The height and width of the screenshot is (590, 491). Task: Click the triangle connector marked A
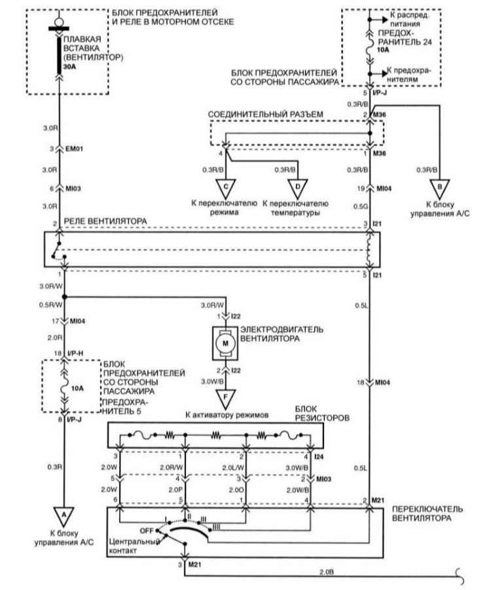[x=64, y=517]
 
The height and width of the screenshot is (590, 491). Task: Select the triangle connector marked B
[x=439, y=189]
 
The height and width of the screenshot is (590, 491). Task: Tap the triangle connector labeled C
[x=226, y=189]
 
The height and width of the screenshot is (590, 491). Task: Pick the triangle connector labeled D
[x=297, y=189]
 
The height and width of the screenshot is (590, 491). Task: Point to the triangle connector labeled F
[x=225, y=399]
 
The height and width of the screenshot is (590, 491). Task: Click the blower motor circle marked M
[x=225, y=343]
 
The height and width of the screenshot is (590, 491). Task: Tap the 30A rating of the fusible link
[x=69, y=67]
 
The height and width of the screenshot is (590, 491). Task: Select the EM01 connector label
[x=75, y=149]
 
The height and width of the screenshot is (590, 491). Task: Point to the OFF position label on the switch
[x=147, y=530]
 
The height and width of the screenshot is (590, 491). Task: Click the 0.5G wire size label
[x=361, y=206]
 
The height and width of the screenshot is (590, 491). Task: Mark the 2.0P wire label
[x=175, y=490]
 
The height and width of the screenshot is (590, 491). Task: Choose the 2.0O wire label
[x=236, y=490]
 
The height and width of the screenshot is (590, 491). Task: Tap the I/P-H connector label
[x=75, y=353]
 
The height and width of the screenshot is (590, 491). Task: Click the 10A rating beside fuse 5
[x=77, y=388]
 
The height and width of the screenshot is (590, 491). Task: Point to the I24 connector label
[x=319, y=457]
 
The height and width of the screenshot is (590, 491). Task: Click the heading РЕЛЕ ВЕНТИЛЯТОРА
[x=105, y=222]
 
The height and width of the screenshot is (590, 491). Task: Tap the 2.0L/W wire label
[x=233, y=467]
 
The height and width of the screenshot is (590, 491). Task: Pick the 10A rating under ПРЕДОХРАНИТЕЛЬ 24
[x=383, y=50]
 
